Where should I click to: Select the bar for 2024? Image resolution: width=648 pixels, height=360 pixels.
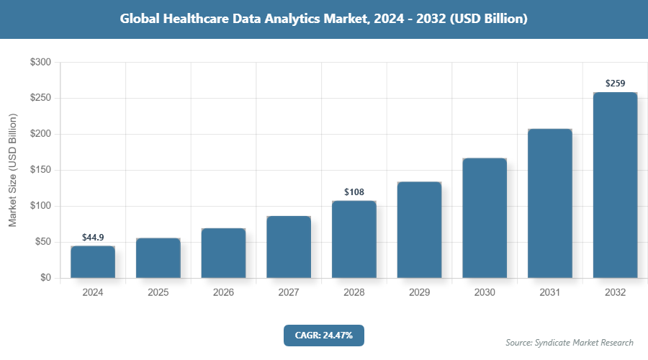[x=93, y=262]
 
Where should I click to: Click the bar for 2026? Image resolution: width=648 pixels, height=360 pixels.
[x=223, y=253]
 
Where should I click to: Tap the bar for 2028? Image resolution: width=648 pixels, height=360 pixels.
[x=354, y=239]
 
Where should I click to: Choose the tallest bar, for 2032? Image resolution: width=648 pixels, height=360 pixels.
[x=615, y=185]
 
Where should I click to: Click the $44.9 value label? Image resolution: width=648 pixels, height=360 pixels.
[x=93, y=237]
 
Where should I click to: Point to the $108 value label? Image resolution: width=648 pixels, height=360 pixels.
[x=354, y=192]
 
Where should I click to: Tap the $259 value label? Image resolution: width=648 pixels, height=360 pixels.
[x=615, y=84]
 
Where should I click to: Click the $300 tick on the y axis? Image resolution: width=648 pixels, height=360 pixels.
[x=40, y=63]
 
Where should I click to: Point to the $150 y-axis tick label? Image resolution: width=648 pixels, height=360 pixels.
[x=40, y=170]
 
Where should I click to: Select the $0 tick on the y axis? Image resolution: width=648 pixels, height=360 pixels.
[x=45, y=278]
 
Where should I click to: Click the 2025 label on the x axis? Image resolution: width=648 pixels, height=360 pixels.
[x=158, y=293]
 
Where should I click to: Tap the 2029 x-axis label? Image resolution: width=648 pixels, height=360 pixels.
[x=419, y=293]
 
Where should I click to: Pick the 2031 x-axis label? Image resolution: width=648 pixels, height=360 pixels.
[x=550, y=293]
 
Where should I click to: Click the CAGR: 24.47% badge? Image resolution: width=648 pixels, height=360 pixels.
[x=324, y=335]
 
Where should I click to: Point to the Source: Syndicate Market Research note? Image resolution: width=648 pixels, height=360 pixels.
[x=570, y=342]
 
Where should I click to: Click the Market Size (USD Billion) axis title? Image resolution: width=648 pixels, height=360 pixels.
[x=12, y=170]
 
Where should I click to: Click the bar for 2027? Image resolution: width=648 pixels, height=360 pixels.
[x=289, y=247]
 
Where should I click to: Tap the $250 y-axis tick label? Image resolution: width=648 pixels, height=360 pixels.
[x=40, y=99]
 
